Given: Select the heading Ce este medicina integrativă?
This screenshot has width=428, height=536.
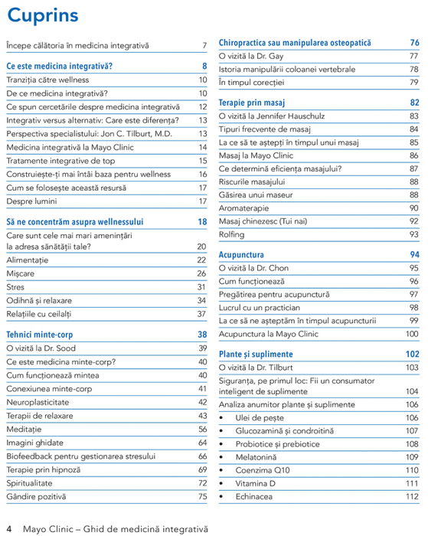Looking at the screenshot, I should coord(59,66).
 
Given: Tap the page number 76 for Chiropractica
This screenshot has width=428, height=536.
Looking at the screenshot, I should coord(414,43).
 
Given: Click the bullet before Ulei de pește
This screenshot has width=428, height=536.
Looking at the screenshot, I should coord(222,417).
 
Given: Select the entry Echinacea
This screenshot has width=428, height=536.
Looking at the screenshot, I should coord(256,497).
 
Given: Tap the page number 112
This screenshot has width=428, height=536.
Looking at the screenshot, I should coord(412,497).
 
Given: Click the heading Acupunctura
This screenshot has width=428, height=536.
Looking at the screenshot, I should coord(241,254).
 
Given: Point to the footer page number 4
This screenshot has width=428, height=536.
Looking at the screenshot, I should coord(9,528).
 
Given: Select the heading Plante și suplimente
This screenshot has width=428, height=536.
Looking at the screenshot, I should coord(256,355).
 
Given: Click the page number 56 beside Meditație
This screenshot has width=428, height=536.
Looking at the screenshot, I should coord(202,429).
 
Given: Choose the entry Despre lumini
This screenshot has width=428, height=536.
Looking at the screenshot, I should coord(31,201).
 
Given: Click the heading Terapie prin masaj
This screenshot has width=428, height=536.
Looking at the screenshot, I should coord(253,102).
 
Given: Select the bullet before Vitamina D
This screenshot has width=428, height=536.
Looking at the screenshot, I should coord(222,484).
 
